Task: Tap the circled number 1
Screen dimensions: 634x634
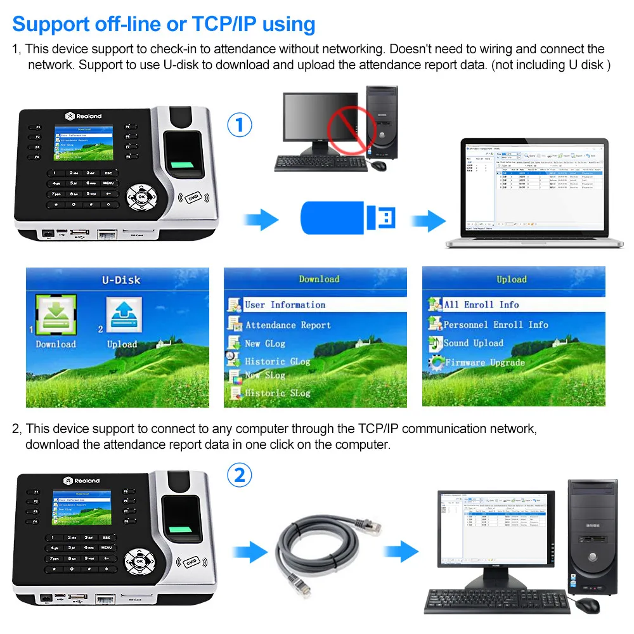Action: (x=239, y=125)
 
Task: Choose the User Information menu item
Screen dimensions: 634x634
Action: (x=285, y=305)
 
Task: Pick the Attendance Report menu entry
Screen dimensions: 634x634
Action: (x=288, y=325)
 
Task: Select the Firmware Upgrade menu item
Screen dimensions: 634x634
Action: (x=484, y=363)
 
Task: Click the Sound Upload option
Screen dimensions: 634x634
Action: (x=473, y=343)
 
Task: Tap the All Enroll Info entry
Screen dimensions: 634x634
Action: (x=481, y=305)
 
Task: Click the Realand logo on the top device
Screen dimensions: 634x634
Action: (x=83, y=116)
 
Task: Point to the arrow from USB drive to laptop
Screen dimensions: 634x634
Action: (x=427, y=221)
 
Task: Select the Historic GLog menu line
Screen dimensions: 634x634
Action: (x=277, y=361)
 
